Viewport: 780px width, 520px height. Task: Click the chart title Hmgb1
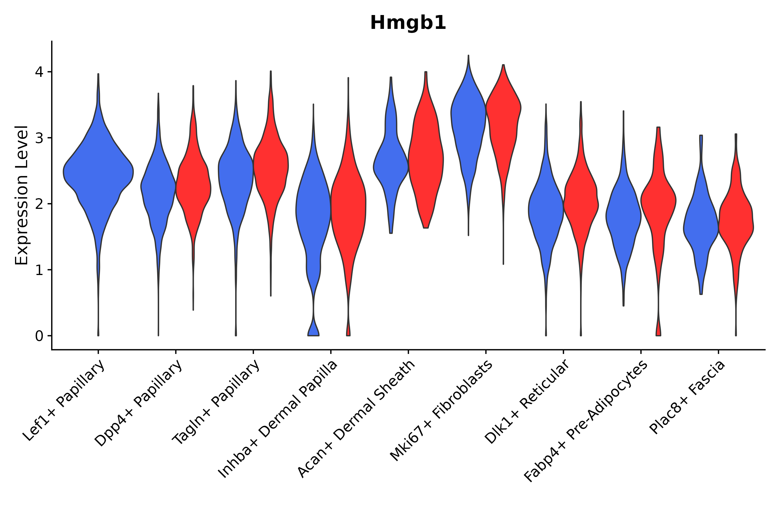pyautogui.click(x=408, y=23)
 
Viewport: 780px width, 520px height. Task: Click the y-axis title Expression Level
pyautogui.click(x=22, y=195)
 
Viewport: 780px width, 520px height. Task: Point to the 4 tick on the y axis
pyautogui.click(x=39, y=72)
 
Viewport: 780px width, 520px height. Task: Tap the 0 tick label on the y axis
pyautogui.click(x=39, y=336)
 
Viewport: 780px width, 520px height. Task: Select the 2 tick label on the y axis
pyautogui.click(x=39, y=204)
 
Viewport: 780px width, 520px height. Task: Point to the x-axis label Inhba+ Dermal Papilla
pyautogui.click(x=278, y=419)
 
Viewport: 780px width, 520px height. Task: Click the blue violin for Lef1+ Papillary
pyautogui.click(x=98, y=172)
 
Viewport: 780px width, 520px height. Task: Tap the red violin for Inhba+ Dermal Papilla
pyautogui.click(x=348, y=206)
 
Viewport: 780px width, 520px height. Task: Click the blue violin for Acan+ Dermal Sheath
pyautogui.click(x=391, y=166)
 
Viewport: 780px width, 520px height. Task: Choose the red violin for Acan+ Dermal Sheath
pyautogui.click(x=426, y=159)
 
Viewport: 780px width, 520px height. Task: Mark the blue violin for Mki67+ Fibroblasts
pyautogui.click(x=468, y=116)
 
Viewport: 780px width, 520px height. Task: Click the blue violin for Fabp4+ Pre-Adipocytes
pyautogui.click(x=623, y=216)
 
